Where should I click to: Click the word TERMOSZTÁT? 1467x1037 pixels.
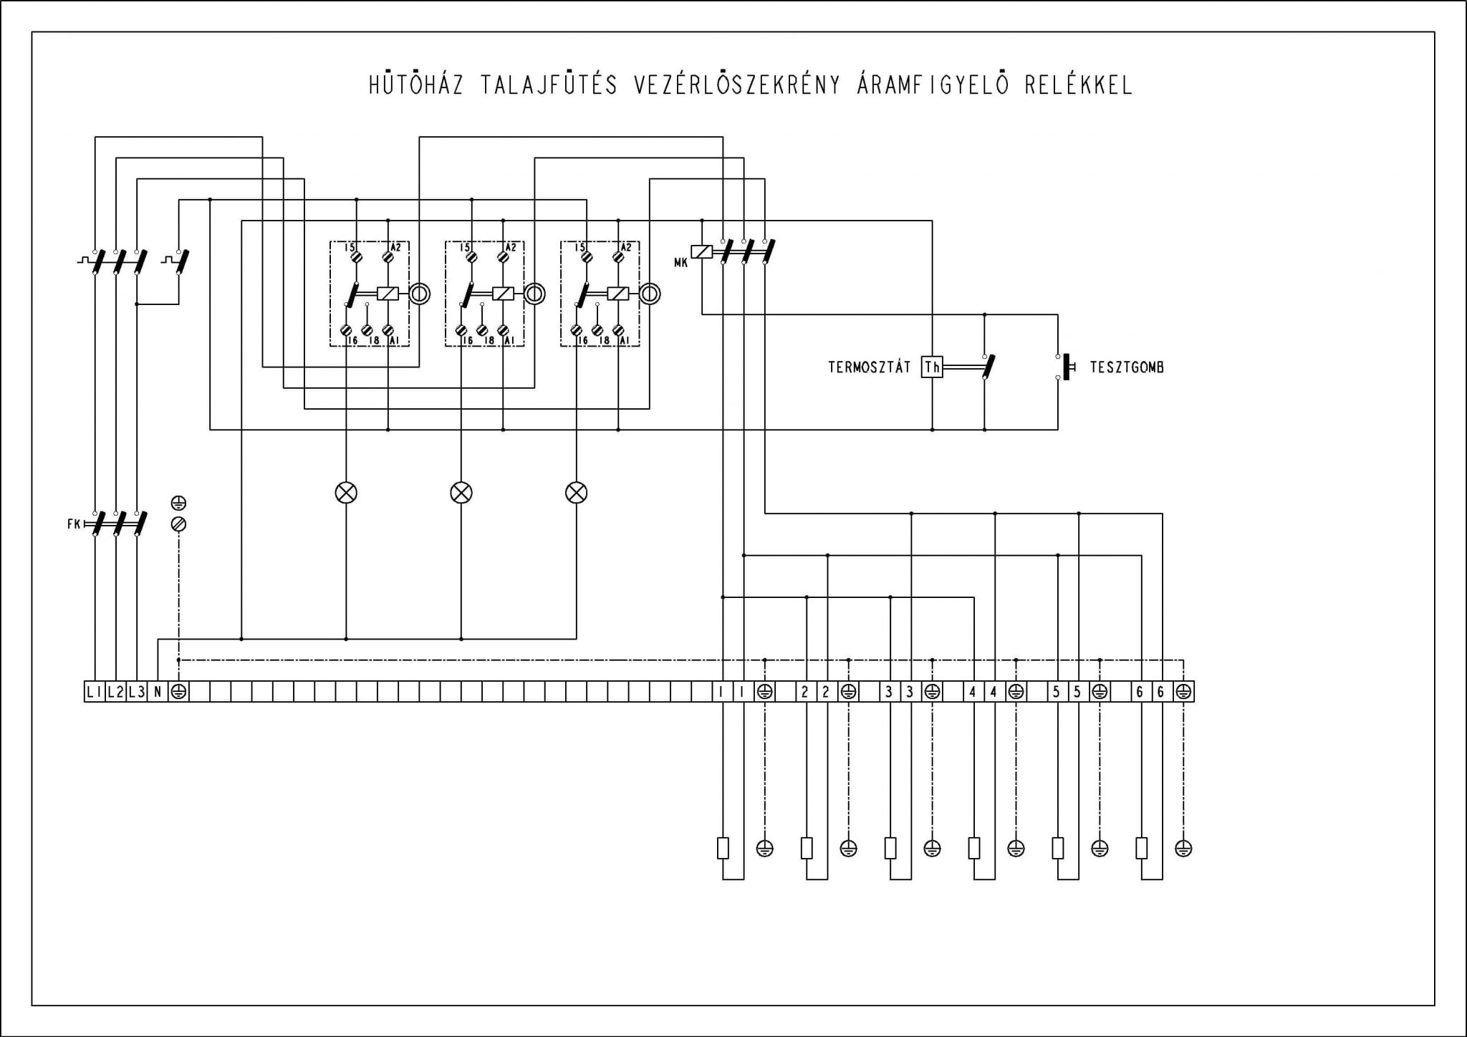coord(870,367)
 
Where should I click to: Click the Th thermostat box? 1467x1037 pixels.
coord(932,367)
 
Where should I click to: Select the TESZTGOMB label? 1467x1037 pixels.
coord(1127,367)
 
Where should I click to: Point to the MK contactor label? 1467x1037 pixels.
coord(680,263)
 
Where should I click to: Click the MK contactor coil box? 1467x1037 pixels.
coord(703,251)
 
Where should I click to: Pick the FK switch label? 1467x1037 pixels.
coord(74,524)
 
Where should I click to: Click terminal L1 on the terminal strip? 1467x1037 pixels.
coord(94,692)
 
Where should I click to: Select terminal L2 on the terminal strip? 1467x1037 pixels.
coord(115,692)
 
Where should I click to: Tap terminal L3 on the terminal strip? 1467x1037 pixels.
coord(136,692)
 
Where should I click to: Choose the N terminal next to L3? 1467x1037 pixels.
coord(158,692)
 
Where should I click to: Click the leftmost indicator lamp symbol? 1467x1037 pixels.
coord(346,493)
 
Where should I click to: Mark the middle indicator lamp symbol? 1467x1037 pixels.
coord(461,493)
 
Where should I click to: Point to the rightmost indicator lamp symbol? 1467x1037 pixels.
coord(576,493)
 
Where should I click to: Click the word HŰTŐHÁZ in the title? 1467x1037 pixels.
coord(416,85)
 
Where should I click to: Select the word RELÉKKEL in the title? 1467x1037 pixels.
coord(1079,85)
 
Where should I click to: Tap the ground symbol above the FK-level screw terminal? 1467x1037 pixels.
coord(179,503)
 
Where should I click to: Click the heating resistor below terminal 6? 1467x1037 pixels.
coord(1141,849)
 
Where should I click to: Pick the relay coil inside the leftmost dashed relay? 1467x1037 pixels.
coord(388,294)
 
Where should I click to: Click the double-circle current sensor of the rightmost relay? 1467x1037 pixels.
coord(650,294)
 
